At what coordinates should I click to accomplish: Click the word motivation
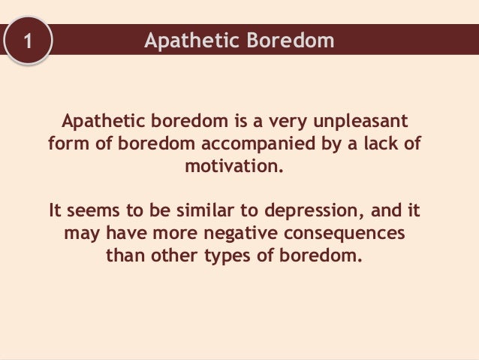[x=235, y=164]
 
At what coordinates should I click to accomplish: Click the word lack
[x=381, y=143]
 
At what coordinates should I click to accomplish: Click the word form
[x=66, y=143]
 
